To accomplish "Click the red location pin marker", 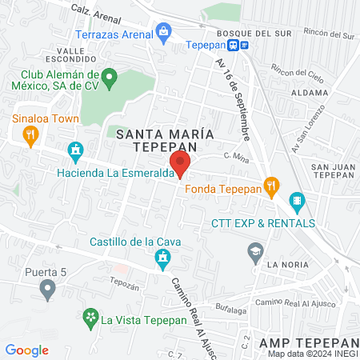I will click(x=181, y=164).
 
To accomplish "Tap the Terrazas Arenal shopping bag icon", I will click(x=164, y=34).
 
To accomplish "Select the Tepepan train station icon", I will click(x=242, y=44).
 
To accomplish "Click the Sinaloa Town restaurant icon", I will click(x=31, y=134).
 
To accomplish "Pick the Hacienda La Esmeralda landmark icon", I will click(x=76, y=150).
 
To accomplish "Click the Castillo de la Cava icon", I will click(x=163, y=257).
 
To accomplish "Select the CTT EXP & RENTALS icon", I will click(x=297, y=200).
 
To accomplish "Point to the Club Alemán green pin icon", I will click(x=112, y=78).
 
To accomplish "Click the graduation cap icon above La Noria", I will click(x=255, y=250).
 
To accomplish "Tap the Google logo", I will click(x=26, y=350).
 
